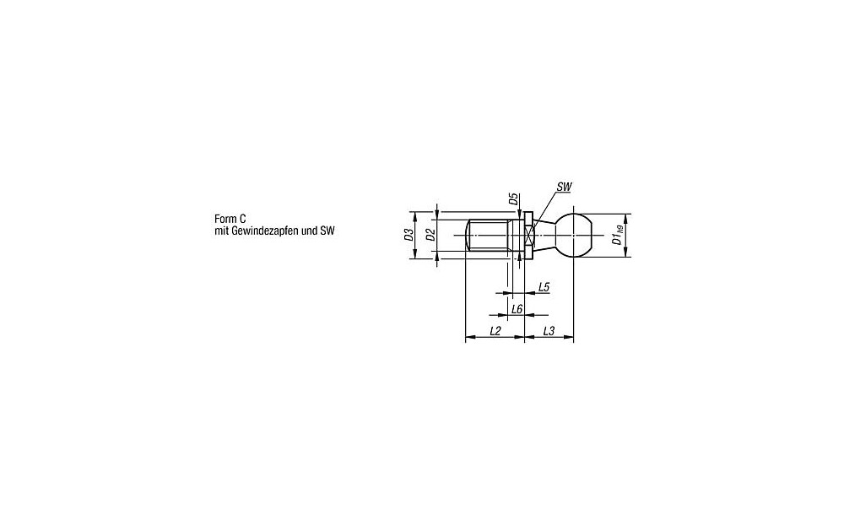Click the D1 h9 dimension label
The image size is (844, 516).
click(x=618, y=235)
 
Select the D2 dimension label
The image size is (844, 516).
click(x=430, y=235)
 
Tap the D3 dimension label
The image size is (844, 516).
click(x=408, y=235)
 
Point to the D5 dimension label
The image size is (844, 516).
click(x=513, y=199)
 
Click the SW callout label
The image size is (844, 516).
click(x=564, y=187)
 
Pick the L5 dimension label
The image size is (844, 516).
click(x=544, y=287)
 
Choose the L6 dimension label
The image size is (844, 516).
click(x=517, y=309)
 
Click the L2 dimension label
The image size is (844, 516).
click(x=495, y=331)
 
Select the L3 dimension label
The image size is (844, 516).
click(x=549, y=331)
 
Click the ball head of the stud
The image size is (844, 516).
click(x=574, y=236)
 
